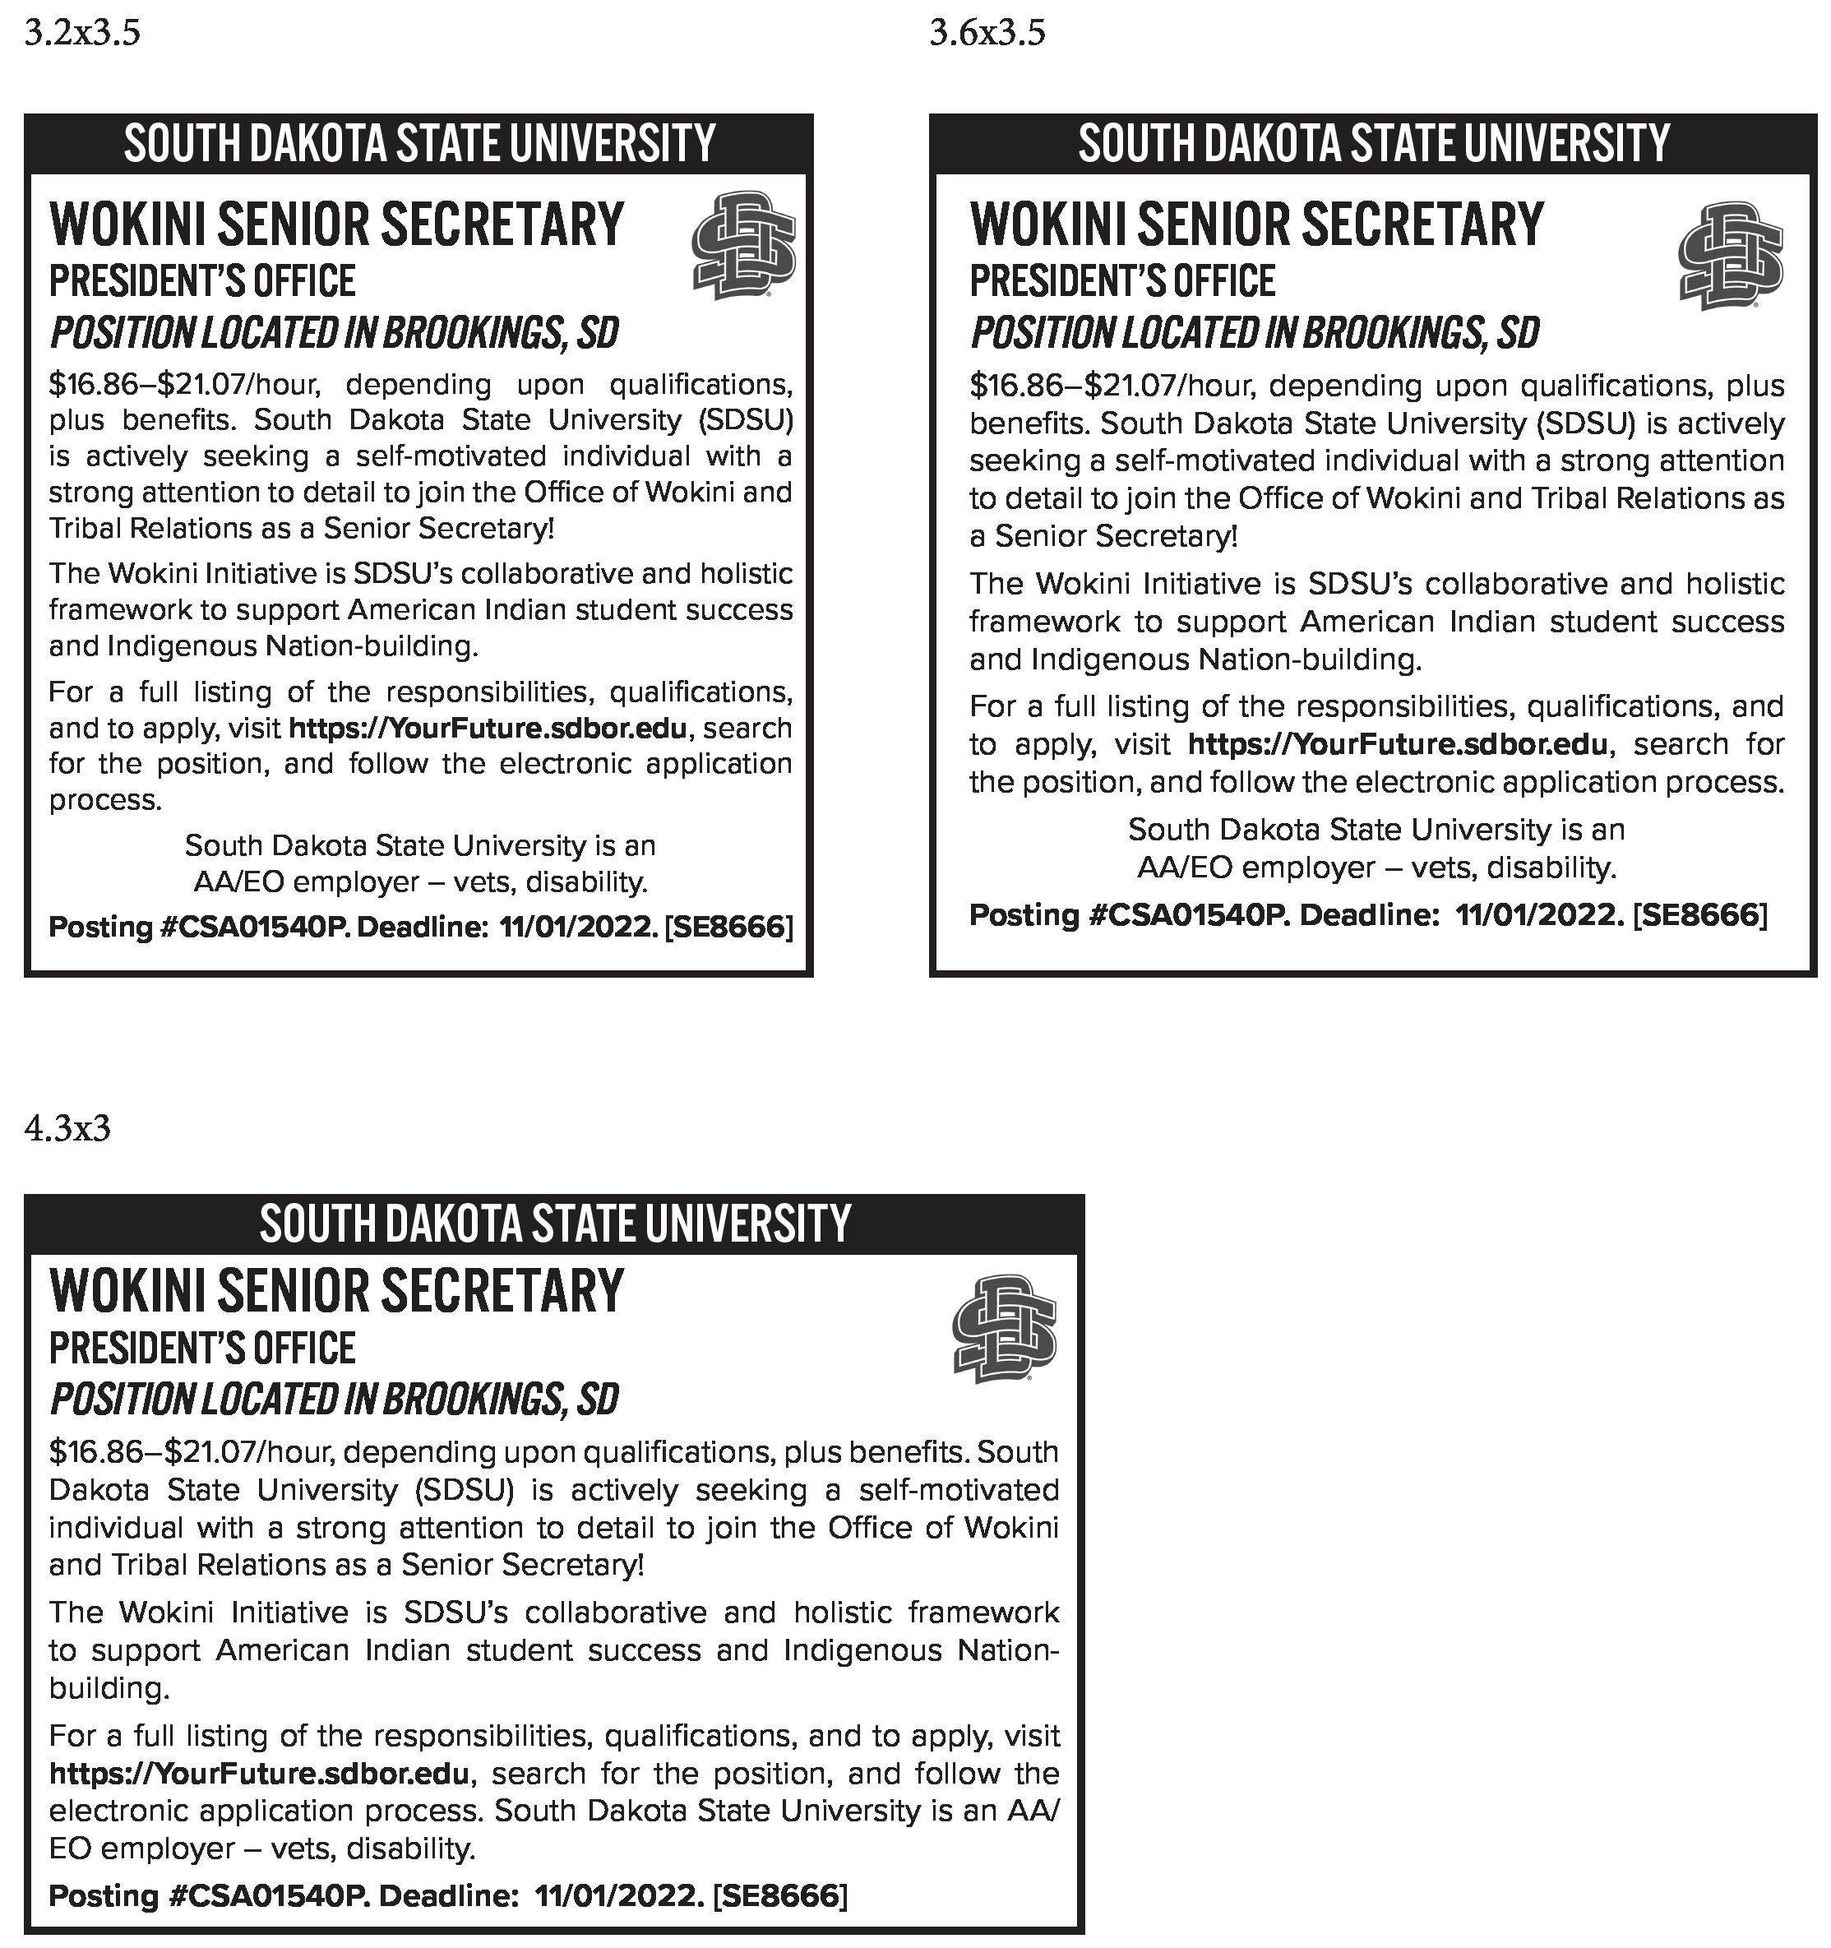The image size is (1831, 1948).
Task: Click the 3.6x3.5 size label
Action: coord(987,34)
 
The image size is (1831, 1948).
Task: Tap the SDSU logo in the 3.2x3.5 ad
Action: coord(743,246)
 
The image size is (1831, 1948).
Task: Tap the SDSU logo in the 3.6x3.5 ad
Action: coord(1730,256)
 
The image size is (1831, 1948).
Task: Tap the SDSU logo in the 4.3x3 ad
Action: coord(1004,1328)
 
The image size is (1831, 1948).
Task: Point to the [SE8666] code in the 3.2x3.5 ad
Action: coord(728,926)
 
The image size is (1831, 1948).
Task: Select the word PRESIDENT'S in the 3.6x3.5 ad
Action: coord(1054,281)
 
